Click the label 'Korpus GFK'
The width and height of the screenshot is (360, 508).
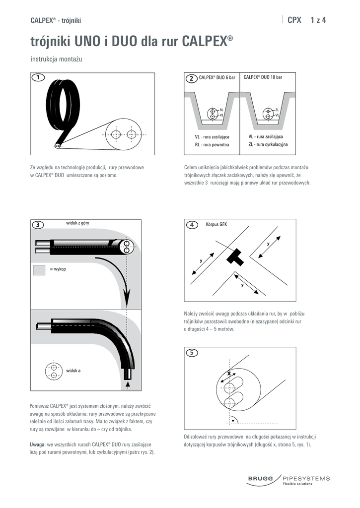pos(216,224)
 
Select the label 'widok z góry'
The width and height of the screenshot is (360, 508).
pos(77,223)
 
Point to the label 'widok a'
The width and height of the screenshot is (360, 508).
pos(74,371)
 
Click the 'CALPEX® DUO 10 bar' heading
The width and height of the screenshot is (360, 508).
pos(263,78)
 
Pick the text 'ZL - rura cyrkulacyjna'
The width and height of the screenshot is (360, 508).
pos(268,144)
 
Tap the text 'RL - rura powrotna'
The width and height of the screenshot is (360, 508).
pos(212,144)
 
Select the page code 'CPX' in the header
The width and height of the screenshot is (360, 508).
pos(294,20)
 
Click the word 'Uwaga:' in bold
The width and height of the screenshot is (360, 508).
pos(39,444)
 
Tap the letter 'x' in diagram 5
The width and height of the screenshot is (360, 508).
pos(229,372)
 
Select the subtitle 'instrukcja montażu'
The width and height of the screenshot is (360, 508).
pos(56,59)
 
